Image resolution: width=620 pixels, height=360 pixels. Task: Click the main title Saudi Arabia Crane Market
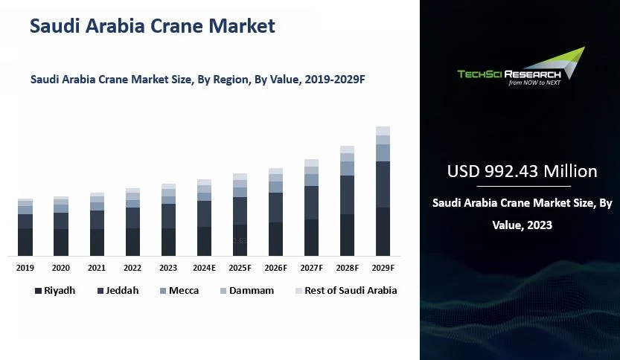coord(152,27)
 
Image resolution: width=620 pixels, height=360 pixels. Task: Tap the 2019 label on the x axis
coord(25,268)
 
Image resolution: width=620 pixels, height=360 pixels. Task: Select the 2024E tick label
coord(204,268)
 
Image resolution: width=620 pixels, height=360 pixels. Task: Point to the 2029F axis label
coord(383,268)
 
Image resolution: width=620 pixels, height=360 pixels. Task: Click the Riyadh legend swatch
coord(37,291)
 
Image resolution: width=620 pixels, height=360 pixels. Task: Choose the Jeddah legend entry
coord(118,291)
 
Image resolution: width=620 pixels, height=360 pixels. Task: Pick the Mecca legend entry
coord(178,291)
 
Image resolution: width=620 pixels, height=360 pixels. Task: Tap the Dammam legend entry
coord(245,291)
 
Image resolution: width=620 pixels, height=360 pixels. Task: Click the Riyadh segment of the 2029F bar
coord(383,231)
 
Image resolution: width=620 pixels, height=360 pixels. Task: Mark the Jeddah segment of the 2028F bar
coord(347,195)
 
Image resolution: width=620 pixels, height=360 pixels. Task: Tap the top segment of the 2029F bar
coord(383,131)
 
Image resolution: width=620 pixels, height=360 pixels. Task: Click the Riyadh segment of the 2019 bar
coord(25,242)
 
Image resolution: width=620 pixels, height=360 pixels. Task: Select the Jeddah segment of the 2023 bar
coord(168,216)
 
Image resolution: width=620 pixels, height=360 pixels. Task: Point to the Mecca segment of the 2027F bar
coord(311,180)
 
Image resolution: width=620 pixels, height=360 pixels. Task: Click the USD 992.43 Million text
coord(522,172)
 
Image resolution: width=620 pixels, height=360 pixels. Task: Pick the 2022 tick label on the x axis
coord(132,268)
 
